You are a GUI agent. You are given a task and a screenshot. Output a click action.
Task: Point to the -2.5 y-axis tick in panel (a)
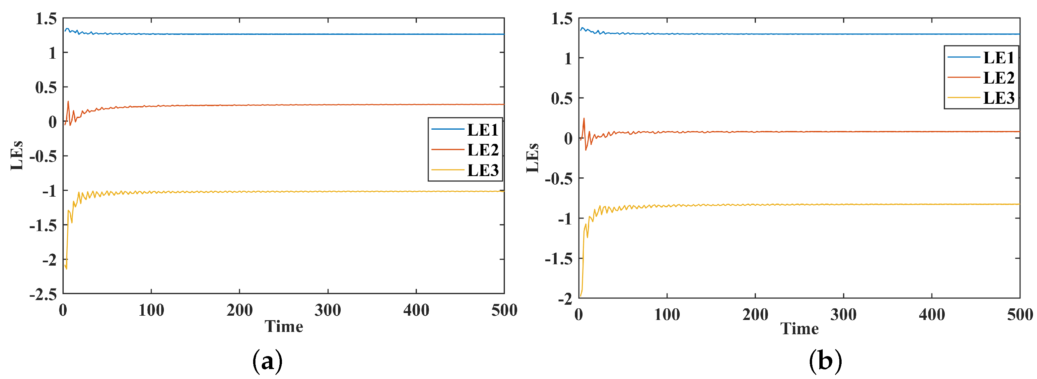[43, 294]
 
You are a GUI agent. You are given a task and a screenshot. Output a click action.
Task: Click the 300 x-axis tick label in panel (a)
[328, 310]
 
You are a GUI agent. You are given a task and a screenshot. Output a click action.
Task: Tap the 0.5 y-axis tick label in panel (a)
[46, 87]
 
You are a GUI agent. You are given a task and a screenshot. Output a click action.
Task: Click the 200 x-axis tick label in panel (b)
[755, 315]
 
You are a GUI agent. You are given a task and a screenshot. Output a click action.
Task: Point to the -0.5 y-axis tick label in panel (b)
[558, 179]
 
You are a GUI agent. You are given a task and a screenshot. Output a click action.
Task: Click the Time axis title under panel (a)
[284, 326]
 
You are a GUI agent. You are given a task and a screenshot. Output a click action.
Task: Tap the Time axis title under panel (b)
[799, 329]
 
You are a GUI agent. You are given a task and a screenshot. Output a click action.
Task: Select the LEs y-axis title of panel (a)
[17, 156]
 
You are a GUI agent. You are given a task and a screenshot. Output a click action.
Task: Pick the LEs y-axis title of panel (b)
[532, 158]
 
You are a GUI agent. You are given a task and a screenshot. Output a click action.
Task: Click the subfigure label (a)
[267, 361]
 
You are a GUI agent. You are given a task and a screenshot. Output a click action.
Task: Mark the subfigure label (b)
[825, 361]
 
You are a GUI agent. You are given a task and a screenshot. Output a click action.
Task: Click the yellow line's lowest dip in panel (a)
[66, 268]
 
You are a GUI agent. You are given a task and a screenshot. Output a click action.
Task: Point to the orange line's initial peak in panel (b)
[584, 118]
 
